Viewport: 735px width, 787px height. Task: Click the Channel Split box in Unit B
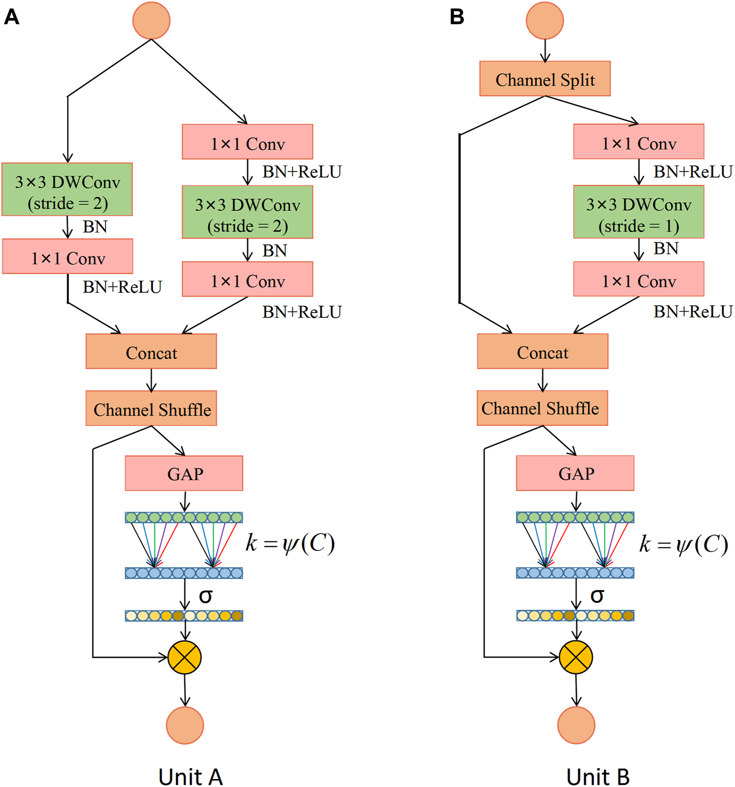tap(545, 79)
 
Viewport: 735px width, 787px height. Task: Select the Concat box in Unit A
tap(151, 352)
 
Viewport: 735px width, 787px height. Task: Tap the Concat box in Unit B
tap(542, 352)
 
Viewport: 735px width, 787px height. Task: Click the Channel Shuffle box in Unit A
tap(151, 408)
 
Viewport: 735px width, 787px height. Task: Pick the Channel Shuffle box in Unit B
tap(542, 408)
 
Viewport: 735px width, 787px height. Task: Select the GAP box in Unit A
tap(184, 473)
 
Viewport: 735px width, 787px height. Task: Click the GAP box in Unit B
tap(575, 473)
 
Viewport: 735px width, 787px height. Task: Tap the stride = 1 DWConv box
tap(638, 212)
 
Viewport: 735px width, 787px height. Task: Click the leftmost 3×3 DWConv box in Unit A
tap(67, 189)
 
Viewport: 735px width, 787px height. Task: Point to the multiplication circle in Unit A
tap(185, 657)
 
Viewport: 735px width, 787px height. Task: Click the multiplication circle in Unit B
tap(576, 657)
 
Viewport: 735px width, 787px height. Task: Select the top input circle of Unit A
tap(151, 20)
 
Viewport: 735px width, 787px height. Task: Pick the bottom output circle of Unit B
tap(576, 725)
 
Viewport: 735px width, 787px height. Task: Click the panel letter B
tap(457, 17)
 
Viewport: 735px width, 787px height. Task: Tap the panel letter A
tap(12, 17)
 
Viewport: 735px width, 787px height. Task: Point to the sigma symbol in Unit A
tap(206, 596)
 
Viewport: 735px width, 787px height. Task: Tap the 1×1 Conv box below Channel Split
tap(638, 142)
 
